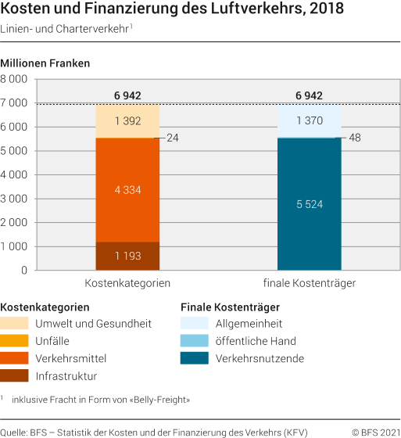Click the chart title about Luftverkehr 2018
[157, 10]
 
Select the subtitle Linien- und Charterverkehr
[63, 30]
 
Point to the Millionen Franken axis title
[45, 63]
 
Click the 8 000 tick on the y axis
[14, 79]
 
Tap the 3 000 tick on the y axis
[14, 199]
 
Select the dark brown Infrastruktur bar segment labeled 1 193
[127, 256]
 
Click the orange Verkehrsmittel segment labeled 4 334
[127, 189]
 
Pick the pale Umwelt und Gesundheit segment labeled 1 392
[127, 120]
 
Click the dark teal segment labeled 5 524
[310, 203]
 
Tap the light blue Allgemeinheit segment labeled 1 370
[310, 120]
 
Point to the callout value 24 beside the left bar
[173, 138]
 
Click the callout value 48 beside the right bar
[355, 138]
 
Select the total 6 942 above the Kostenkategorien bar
[127, 95]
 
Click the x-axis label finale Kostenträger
[310, 282]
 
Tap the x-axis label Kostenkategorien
[127, 282]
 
